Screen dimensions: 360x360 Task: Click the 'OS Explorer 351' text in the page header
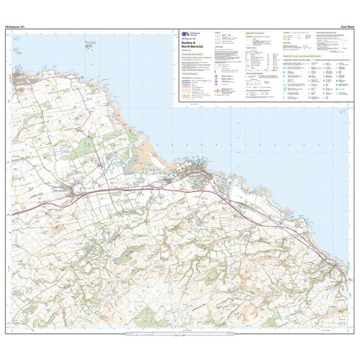click(16, 25)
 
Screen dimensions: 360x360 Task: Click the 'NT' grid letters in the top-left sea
click(16, 39)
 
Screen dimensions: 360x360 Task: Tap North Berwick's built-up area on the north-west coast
click(24, 81)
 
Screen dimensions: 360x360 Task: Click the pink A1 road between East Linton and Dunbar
click(144, 190)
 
